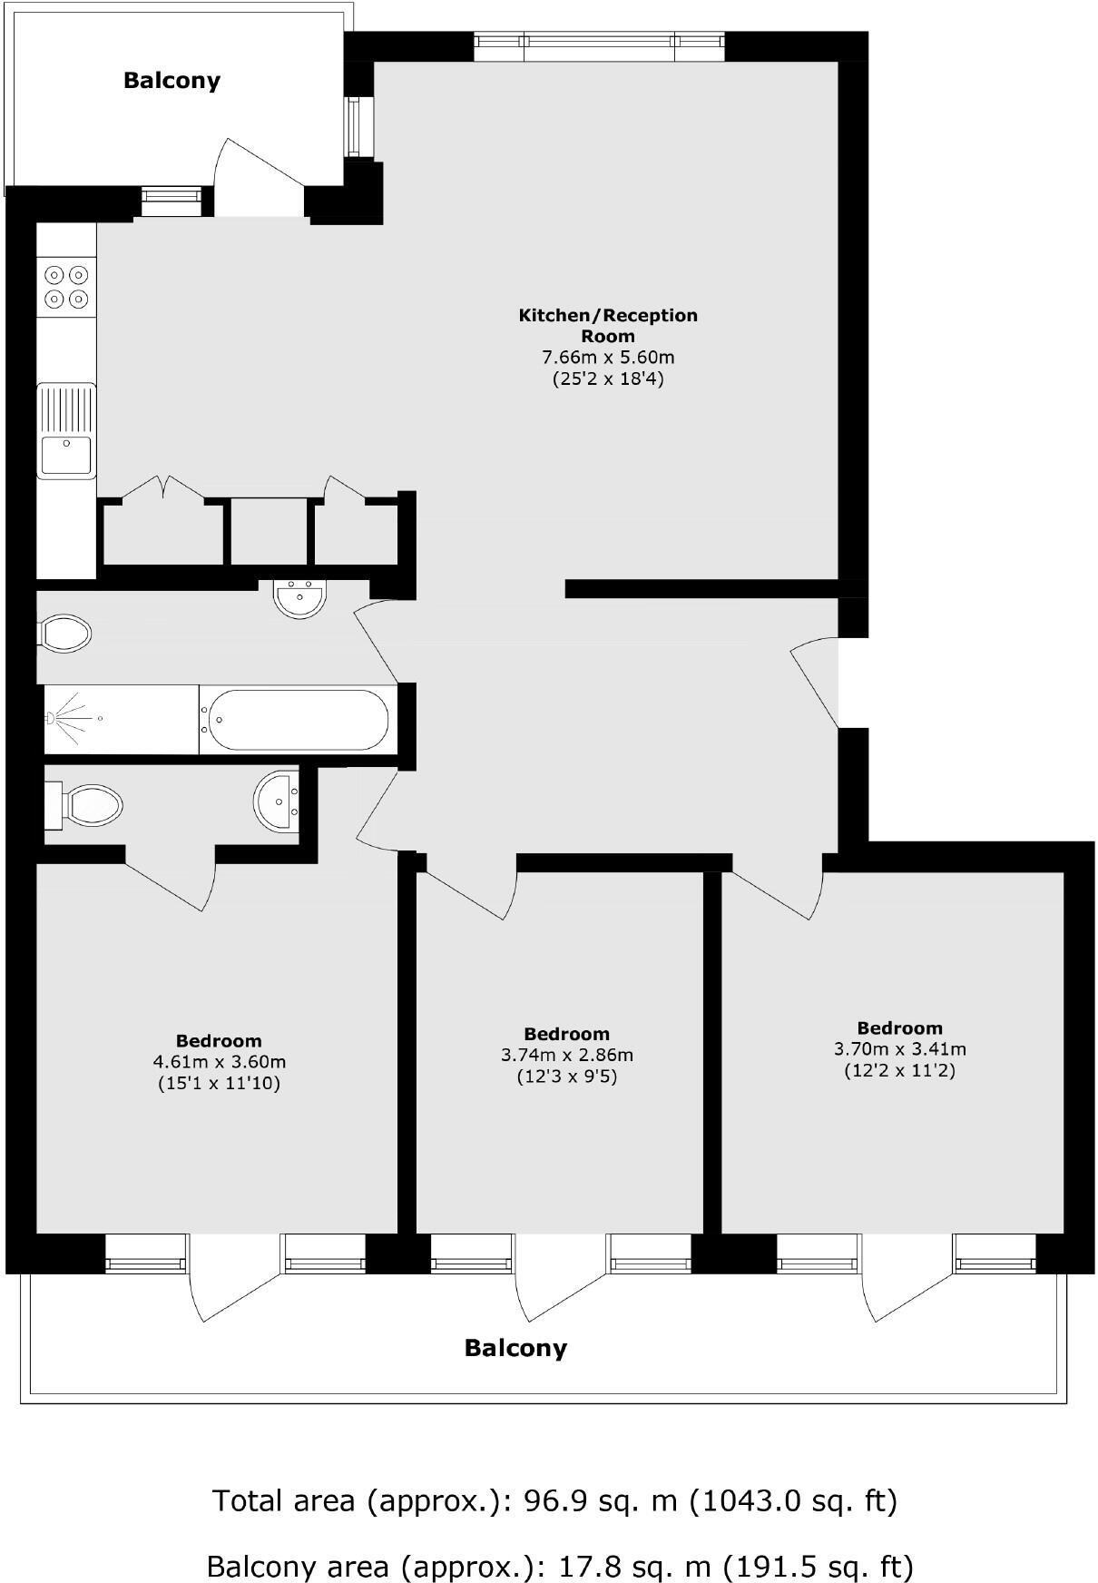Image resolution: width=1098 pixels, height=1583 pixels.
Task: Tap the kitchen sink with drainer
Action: click(x=66, y=430)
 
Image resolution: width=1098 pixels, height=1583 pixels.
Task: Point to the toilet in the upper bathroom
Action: click(x=65, y=633)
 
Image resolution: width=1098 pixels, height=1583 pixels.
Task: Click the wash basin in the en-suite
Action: click(x=276, y=801)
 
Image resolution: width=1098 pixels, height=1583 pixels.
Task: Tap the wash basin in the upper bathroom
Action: click(x=299, y=599)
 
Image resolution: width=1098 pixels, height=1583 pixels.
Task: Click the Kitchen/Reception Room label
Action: click(x=608, y=325)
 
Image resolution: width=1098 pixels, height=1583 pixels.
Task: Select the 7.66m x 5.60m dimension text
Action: click(x=608, y=358)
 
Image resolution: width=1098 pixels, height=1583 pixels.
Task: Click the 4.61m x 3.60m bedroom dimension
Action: click(x=220, y=1062)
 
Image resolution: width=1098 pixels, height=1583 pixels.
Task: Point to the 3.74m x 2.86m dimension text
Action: click(x=567, y=1055)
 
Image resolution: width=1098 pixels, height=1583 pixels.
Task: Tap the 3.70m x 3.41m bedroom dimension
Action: click(x=900, y=1049)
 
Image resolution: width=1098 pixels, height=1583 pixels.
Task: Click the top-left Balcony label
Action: click(x=172, y=81)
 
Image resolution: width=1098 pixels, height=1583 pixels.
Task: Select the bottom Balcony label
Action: click(x=515, y=1348)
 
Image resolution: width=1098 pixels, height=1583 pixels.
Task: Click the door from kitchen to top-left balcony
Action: click(x=260, y=182)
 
